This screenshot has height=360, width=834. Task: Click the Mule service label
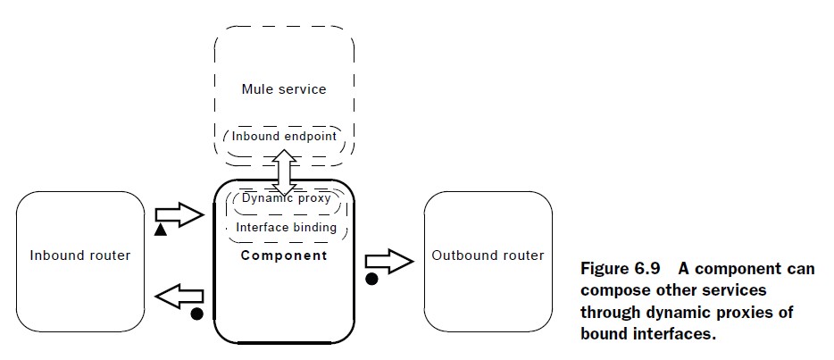point(284,88)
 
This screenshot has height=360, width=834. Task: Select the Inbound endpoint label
point(284,137)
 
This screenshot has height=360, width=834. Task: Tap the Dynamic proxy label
point(286,198)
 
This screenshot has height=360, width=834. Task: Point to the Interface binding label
point(286,228)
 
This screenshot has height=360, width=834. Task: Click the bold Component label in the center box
point(284,255)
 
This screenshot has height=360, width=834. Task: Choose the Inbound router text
point(80,255)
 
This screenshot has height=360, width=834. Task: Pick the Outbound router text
point(488,255)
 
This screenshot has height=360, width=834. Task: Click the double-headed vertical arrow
point(285,172)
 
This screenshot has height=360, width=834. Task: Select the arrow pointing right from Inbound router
point(179,214)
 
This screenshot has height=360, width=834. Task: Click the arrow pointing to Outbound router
point(389,261)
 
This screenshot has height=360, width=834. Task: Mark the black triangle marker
point(161,230)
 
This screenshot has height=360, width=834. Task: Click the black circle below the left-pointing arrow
point(196,314)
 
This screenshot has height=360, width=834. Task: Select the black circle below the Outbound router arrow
point(371,279)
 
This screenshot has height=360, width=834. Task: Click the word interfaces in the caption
point(671,335)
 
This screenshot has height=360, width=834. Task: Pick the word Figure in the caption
point(604,268)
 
